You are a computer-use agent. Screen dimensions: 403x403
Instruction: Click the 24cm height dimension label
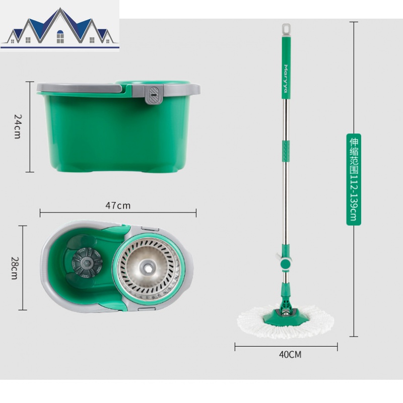pyautogui.click(x=18, y=127)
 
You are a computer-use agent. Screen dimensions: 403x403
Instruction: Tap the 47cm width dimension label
pyautogui.click(x=118, y=206)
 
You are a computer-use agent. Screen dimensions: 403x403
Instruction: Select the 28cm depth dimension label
pyautogui.click(x=15, y=268)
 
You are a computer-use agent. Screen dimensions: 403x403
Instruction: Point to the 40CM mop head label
pyautogui.click(x=290, y=355)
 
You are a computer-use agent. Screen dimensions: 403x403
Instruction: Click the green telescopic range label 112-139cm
pyautogui.click(x=354, y=179)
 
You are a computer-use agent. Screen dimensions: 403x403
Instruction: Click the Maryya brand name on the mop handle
pyautogui.click(x=286, y=79)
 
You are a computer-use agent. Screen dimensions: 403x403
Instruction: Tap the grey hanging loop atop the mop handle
pyautogui.click(x=286, y=30)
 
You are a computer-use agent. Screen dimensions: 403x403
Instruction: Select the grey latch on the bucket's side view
pyautogui.click(x=154, y=95)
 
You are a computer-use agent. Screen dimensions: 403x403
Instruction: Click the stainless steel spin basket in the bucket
pyautogui.click(x=149, y=269)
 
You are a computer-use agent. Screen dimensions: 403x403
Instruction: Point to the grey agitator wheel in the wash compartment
pyautogui.click(x=87, y=262)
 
